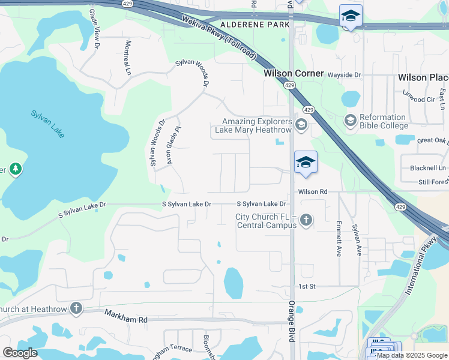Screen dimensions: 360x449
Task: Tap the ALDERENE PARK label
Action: click(255, 25)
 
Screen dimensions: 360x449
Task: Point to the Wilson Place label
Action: click(423, 77)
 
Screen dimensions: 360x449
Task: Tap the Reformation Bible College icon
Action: click(350, 121)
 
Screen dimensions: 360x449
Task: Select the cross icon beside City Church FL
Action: click(306, 220)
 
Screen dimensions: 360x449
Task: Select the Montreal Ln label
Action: click(128, 57)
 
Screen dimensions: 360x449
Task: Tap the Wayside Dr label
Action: click(344, 75)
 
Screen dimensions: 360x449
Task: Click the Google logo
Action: click(19, 353)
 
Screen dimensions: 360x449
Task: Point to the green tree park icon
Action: click(15, 170)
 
